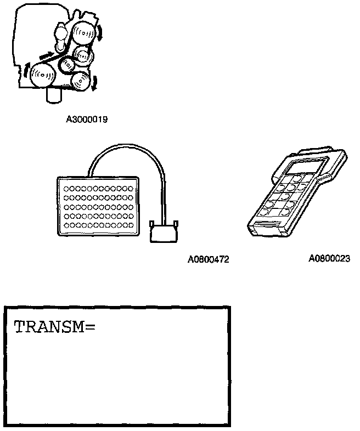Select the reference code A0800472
tap(208, 259)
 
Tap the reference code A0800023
tap(329, 258)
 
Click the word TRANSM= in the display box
tap(54, 327)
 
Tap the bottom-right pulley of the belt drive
tap(81, 82)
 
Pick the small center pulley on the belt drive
tap(66, 64)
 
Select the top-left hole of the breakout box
tap(66, 188)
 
